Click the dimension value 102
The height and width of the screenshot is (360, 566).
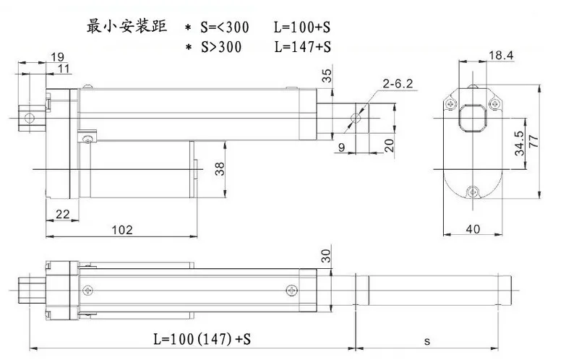(x=122, y=230)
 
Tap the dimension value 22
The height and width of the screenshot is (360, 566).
(x=62, y=214)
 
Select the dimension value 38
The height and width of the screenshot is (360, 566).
(x=220, y=168)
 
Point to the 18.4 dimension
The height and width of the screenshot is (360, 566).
(x=501, y=55)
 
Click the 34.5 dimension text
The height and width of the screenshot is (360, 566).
(x=519, y=143)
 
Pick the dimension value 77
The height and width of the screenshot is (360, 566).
(x=533, y=141)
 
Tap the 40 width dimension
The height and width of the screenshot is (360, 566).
(x=473, y=229)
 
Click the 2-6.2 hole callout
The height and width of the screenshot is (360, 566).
(x=398, y=84)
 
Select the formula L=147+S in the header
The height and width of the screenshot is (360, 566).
(x=302, y=47)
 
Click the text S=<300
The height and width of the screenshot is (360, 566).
(x=225, y=27)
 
